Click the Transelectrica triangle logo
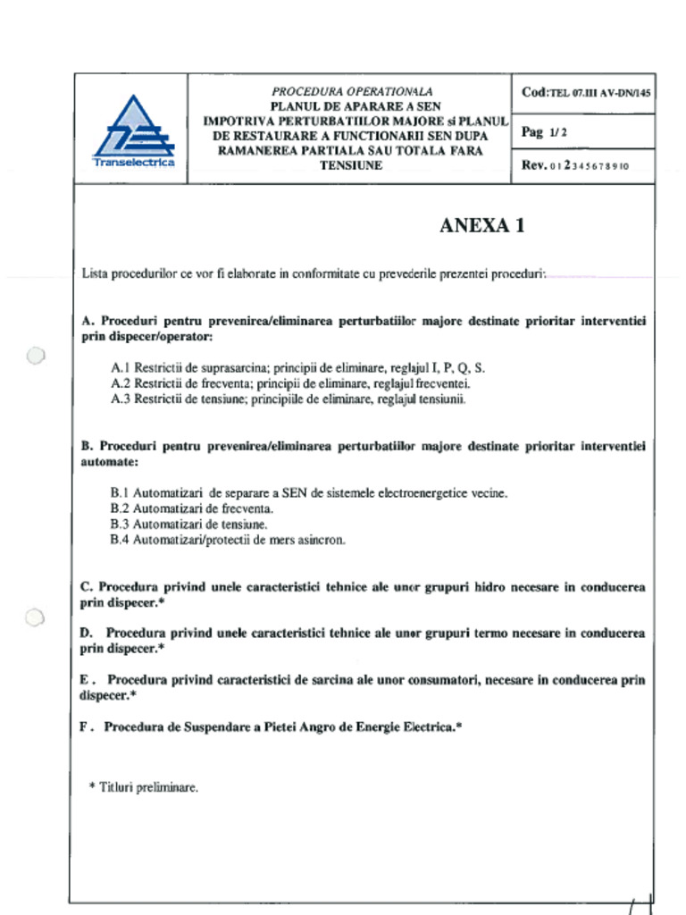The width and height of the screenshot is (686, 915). tap(133, 130)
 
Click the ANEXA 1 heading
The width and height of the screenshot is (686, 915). tap(481, 225)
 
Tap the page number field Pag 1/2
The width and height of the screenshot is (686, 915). tap(544, 132)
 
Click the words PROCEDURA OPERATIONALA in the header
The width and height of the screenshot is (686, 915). tap(352, 91)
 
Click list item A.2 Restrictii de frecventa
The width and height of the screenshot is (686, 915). tap(290, 383)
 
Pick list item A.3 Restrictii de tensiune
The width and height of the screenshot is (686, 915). tap(288, 399)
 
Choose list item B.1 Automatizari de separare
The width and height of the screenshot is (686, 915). tap(308, 492)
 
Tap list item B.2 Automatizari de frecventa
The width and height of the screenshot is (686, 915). tap(191, 508)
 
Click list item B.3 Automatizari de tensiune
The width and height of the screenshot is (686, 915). tap(188, 525)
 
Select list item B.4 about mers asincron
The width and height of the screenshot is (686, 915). tap(227, 541)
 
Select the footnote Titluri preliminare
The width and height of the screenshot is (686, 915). tap(144, 787)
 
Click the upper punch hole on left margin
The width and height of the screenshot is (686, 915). tap(35, 356)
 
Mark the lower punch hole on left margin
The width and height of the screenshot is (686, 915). tap(35, 617)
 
